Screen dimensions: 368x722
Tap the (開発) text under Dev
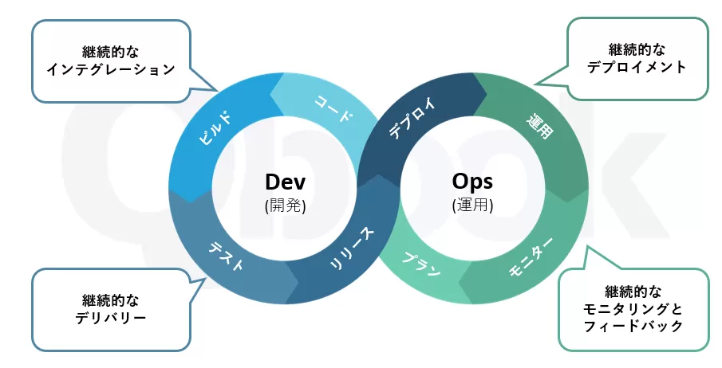pyautogui.click(x=286, y=205)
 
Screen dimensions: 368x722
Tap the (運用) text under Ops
pyautogui.click(x=472, y=205)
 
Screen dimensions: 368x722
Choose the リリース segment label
pyautogui.click(x=351, y=249)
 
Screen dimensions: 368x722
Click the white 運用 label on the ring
pyautogui.click(x=539, y=127)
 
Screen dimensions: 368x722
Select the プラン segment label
pyautogui.click(x=421, y=263)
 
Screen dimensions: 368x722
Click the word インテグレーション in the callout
pyautogui.click(x=111, y=69)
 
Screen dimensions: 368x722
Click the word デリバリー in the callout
pyautogui.click(x=111, y=317)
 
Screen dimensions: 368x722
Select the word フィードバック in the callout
pyautogui.click(x=633, y=326)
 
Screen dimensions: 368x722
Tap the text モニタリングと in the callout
pyautogui.click(x=633, y=308)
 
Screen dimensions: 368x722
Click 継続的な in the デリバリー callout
pyautogui.click(x=111, y=299)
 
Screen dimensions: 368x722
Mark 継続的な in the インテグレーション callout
pyautogui.click(x=111, y=52)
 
